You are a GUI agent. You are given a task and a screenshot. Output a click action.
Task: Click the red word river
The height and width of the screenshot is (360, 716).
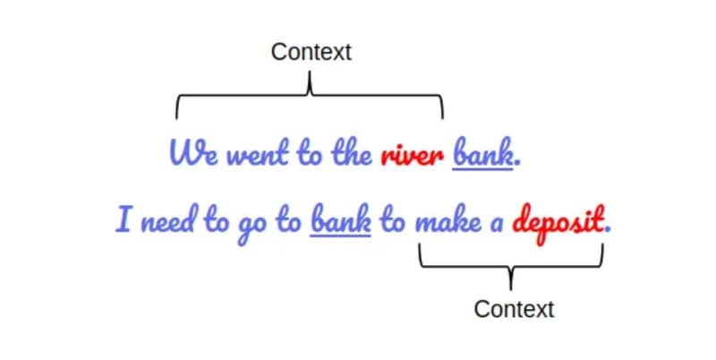pos(411,156)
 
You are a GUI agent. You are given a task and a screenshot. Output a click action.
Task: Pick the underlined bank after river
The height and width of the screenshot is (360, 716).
pos(483,155)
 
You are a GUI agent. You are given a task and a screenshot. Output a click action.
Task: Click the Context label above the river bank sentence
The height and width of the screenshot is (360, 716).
pos(311,52)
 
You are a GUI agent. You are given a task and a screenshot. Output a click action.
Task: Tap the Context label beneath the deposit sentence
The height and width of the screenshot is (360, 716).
pos(514,309)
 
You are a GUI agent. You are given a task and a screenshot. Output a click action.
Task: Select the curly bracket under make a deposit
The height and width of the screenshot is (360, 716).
pos(511,263)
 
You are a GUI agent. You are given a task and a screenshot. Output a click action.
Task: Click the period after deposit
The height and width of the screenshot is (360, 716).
pos(609,229)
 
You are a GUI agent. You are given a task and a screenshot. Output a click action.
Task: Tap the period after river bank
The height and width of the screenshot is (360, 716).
pos(518,164)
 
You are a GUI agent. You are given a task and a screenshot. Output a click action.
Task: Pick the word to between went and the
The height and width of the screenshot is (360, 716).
pos(308,155)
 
